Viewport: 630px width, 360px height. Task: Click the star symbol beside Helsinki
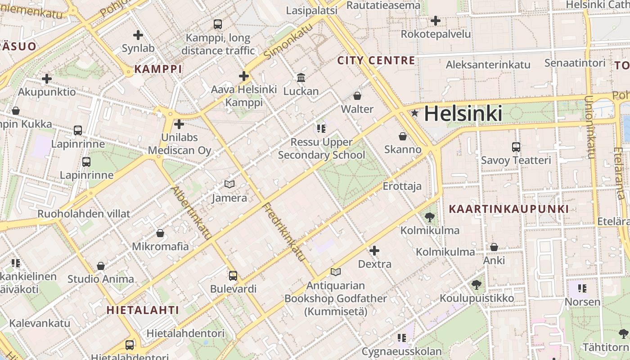pyautogui.click(x=414, y=113)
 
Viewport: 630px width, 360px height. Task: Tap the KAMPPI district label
pyautogui.click(x=158, y=69)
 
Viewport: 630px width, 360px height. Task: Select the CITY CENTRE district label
pyautogui.click(x=376, y=60)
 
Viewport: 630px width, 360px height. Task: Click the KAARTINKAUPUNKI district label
pyautogui.click(x=509, y=209)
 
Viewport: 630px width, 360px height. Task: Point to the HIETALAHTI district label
pyautogui.click(x=143, y=310)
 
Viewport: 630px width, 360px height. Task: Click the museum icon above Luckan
pyautogui.click(x=301, y=77)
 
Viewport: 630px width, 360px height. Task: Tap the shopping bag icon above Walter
pyautogui.click(x=357, y=95)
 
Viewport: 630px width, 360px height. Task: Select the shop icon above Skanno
pyautogui.click(x=403, y=136)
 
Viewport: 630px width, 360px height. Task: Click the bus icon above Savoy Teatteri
pyautogui.click(x=516, y=147)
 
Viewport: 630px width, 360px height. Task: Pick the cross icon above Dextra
pyautogui.click(x=374, y=250)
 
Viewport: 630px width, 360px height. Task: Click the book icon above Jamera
pyautogui.click(x=229, y=184)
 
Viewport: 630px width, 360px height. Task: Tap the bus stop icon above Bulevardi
pyautogui.click(x=233, y=275)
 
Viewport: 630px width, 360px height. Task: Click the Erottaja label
pyautogui.click(x=402, y=186)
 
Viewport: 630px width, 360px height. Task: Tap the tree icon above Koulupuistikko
pyautogui.click(x=477, y=284)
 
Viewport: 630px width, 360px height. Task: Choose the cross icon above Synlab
pyautogui.click(x=138, y=35)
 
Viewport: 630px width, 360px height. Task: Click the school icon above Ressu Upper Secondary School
pyautogui.click(x=321, y=129)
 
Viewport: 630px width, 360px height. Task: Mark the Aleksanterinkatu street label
pyautogui.click(x=488, y=65)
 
